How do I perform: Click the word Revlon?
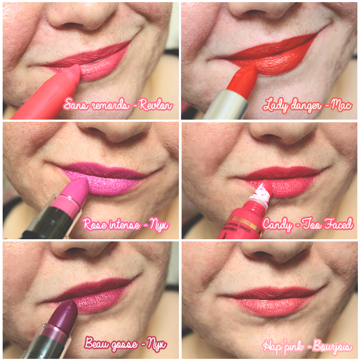coord(156,105)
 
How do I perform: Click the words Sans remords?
coord(96,105)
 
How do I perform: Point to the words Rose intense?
coord(111,224)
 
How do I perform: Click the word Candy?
coord(278,224)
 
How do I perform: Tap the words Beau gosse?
coord(111,343)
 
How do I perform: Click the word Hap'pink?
coord(283,346)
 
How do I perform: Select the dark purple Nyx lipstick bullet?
coord(66,313)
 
